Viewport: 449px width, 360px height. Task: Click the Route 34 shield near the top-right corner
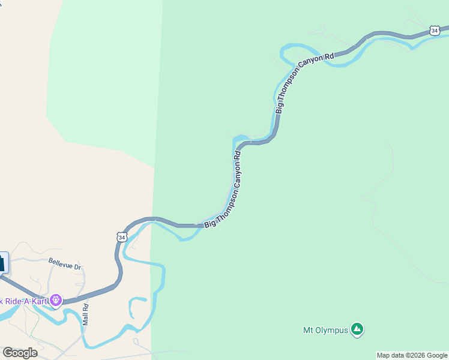click(x=435, y=30)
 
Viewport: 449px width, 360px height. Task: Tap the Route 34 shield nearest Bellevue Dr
click(x=122, y=237)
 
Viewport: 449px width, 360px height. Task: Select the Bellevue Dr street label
click(x=64, y=263)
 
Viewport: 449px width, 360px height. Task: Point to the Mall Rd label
click(x=85, y=314)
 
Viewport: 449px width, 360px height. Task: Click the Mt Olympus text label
click(x=325, y=329)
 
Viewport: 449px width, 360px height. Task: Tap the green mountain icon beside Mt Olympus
click(x=357, y=329)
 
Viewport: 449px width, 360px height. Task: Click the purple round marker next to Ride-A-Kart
click(x=56, y=299)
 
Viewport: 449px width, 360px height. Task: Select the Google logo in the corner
click(x=20, y=352)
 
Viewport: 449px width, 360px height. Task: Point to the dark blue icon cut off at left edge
click(x=3, y=262)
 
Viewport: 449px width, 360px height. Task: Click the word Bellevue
click(x=60, y=263)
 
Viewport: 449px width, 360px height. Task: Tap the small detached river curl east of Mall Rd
click(x=136, y=306)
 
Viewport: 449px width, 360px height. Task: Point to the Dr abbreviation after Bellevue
click(x=77, y=266)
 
